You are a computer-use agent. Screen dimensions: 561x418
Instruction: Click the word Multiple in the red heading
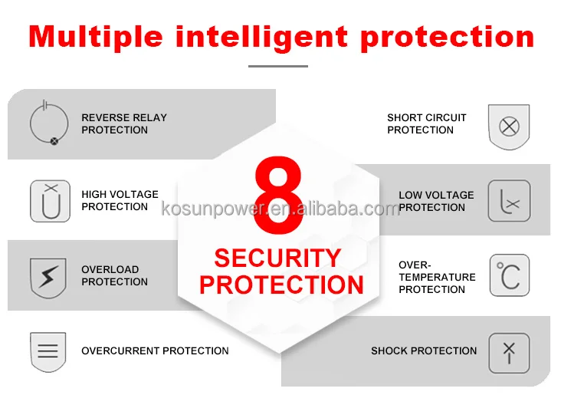pos(96,37)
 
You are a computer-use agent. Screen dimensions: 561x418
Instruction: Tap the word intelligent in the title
pos(261,37)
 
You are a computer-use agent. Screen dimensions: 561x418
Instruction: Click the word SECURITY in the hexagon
pos(277,258)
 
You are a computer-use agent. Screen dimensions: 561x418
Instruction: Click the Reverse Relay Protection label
pos(124,123)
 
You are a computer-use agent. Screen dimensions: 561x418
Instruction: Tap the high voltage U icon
pos(50,201)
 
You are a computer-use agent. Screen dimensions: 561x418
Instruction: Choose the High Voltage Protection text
pos(120,200)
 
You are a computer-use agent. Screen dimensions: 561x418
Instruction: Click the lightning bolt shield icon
pos(48,277)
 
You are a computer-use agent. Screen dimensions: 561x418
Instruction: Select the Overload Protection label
pos(114,275)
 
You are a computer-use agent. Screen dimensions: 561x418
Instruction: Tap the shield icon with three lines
pos(48,351)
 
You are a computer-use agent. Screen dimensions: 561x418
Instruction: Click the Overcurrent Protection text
pos(155,351)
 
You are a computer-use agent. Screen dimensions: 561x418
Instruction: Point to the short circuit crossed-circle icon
pos(509,127)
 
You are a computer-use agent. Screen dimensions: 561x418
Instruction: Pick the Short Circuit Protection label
pos(427,123)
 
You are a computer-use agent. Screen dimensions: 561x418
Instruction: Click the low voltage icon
pos(509,201)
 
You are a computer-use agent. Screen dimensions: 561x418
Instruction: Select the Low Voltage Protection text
pos(437,201)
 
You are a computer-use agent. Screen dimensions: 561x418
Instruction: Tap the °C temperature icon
pos(510,275)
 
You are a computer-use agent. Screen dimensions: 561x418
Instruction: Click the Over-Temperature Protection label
pos(437,277)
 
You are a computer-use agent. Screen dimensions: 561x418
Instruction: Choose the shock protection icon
pos(509,353)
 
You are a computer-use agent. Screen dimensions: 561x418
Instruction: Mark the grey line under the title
pos(278,66)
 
